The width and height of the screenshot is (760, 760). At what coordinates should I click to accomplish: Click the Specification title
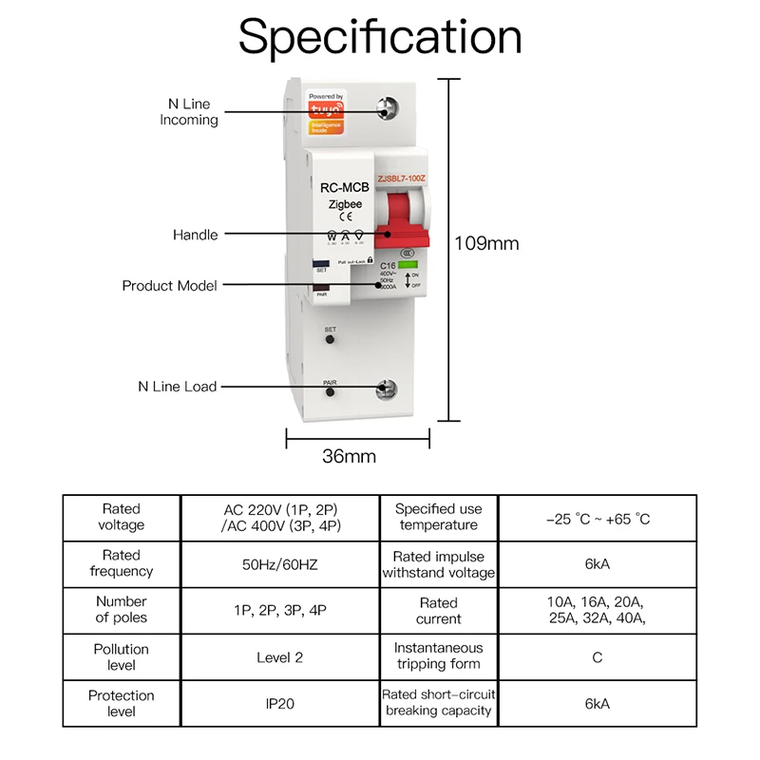tap(380, 38)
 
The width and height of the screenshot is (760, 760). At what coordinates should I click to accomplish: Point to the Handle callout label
tap(195, 235)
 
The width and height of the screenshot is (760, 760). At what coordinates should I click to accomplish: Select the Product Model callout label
tap(169, 285)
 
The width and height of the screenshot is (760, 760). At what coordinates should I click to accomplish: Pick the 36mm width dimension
tap(349, 456)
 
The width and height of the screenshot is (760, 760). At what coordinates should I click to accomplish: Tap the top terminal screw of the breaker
tap(388, 109)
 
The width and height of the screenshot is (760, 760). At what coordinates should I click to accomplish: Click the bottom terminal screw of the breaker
tap(388, 388)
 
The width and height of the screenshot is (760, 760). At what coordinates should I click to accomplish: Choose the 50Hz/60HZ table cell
tap(279, 564)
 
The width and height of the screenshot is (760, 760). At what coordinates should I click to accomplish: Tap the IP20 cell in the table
tap(279, 704)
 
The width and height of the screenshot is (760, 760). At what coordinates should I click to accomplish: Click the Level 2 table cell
tap(279, 657)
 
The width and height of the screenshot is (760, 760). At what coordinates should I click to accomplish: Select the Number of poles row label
tap(122, 610)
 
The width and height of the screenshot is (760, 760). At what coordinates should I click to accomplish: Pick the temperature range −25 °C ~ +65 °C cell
tap(598, 519)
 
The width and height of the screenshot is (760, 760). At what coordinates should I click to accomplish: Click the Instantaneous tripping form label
tap(439, 656)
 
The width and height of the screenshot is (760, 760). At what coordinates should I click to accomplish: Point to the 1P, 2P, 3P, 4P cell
tap(279, 610)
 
